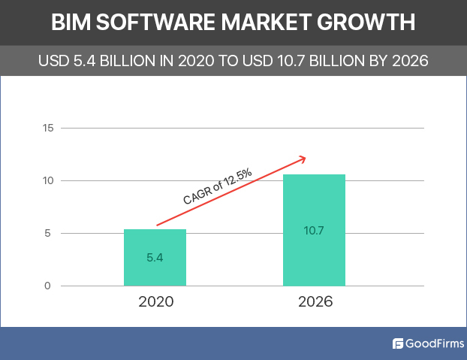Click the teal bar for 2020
[155, 257]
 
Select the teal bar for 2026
[314, 230]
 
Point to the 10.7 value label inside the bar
[314, 230]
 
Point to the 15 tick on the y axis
[48, 128]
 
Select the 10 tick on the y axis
[48, 180]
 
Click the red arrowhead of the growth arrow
[303, 158]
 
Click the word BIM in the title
[72, 23]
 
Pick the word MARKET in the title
[279, 23]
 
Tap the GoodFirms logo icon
[398, 344]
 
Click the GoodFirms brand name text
[431, 344]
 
